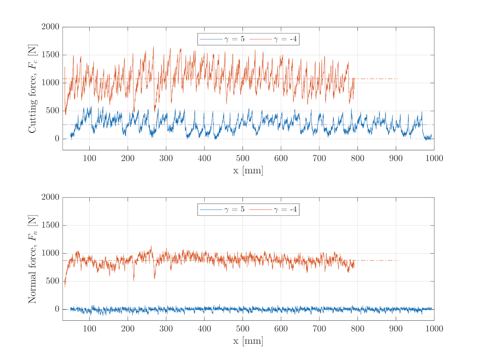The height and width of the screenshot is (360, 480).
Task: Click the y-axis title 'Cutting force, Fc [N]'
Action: pos(33,89)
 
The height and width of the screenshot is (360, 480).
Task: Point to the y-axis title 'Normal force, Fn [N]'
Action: pos(33,259)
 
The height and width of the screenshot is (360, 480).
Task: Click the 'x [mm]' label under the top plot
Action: pos(248,170)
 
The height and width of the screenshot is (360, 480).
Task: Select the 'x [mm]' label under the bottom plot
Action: pos(248,341)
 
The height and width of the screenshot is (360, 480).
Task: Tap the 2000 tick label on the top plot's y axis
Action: pos(51,27)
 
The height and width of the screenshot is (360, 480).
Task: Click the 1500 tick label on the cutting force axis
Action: pos(51,55)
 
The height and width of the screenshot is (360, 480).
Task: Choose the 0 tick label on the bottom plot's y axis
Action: pos(57,309)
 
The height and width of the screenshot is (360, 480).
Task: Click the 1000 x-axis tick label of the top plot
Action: pos(434,158)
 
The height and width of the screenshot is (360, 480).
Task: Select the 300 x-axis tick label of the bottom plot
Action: pos(166,329)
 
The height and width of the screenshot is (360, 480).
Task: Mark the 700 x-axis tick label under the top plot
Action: pos(319,158)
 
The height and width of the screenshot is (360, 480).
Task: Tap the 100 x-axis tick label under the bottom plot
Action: pos(89,329)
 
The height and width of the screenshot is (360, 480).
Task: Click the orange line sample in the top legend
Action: pos(260,39)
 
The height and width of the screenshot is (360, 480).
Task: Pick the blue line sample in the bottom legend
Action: pos(211,210)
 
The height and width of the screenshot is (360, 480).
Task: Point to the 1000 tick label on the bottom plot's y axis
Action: pos(51,253)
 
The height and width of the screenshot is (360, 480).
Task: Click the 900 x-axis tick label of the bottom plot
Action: pos(396,329)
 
